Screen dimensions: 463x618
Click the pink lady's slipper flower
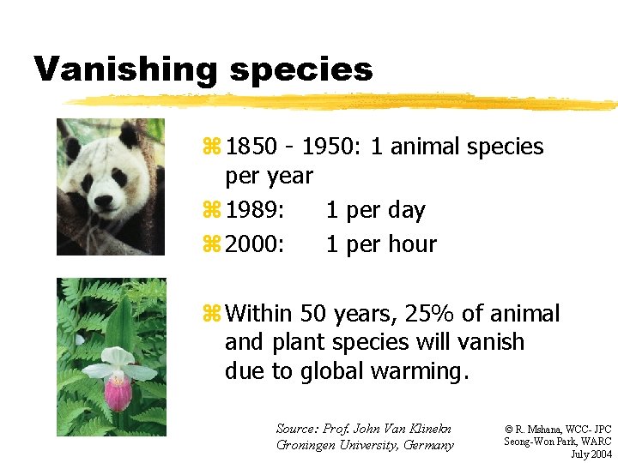pos(118,391)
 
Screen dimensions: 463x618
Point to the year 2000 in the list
pos(256,244)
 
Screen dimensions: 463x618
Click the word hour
pos(409,244)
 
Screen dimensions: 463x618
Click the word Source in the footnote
pos(295,428)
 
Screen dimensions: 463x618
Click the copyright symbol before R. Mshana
pos(508,428)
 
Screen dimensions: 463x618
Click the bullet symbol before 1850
pos(215,147)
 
